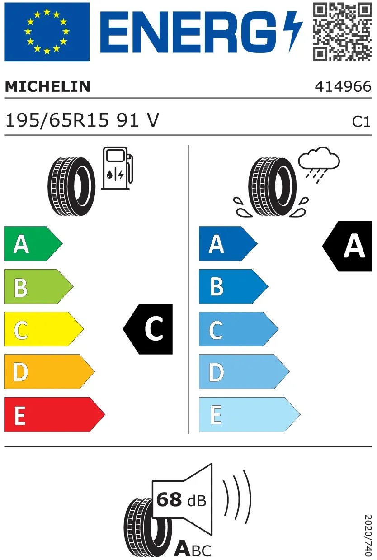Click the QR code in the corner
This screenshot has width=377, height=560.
click(x=342, y=32)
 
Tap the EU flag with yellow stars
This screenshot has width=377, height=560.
click(x=47, y=32)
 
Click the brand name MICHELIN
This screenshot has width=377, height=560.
click(x=47, y=86)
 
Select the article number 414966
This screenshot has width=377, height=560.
click(x=343, y=86)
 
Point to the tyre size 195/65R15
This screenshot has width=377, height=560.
click(x=57, y=120)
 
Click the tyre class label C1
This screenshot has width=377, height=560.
click(x=361, y=122)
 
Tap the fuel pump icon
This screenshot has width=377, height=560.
click(x=117, y=168)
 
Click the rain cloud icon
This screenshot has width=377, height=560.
click(x=319, y=164)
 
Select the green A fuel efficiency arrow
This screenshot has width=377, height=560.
click(x=33, y=243)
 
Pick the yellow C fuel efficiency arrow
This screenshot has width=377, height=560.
click(x=44, y=329)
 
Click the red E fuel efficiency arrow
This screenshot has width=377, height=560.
click(x=54, y=414)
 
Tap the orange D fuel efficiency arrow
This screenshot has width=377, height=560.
click(x=49, y=371)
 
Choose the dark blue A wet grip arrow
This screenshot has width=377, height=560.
click(x=228, y=243)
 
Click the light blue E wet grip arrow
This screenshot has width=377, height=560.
click(x=250, y=414)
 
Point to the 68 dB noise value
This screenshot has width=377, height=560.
click(x=181, y=499)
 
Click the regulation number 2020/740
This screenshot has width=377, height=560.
click(x=368, y=535)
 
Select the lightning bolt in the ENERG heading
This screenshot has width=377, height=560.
click(x=293, y=32)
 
